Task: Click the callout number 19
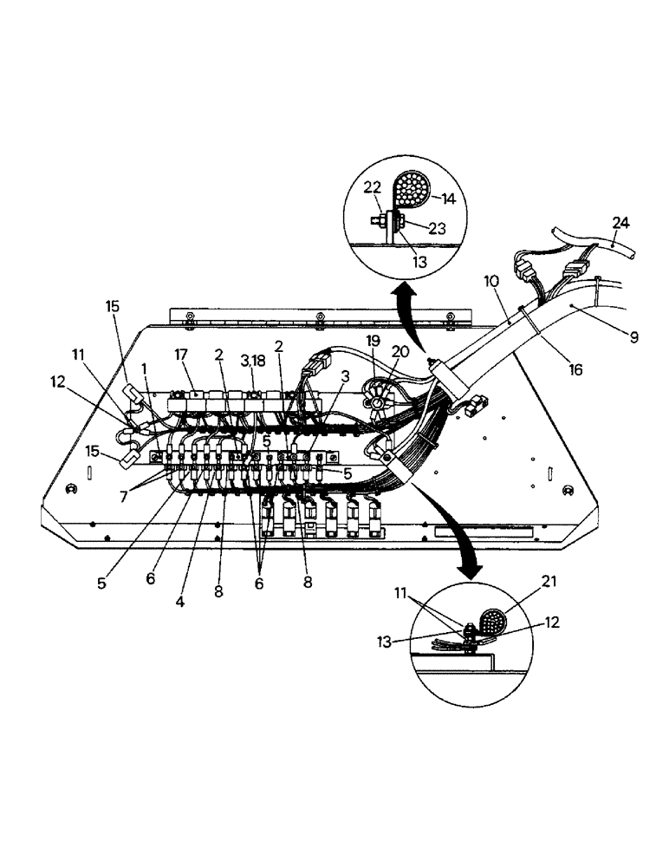372,341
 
